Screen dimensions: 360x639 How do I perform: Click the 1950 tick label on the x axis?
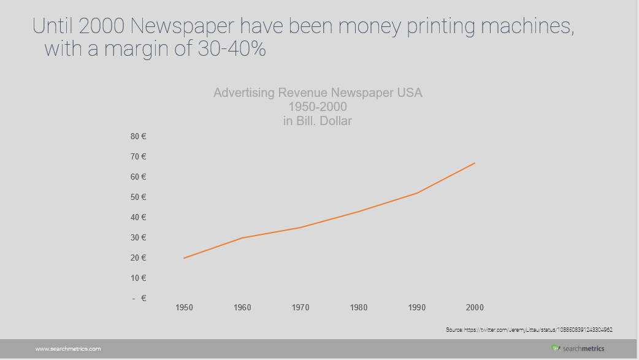coord(184,307)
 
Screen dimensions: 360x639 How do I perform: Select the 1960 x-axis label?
coord(242,307)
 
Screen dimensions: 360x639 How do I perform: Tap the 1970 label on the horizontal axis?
coord(300,307)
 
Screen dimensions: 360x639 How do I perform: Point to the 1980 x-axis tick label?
coord(359,307)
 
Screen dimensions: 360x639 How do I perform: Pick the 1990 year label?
coord(417,307)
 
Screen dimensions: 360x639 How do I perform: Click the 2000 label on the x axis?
coord(475,307)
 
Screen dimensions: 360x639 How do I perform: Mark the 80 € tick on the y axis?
coord(138,137)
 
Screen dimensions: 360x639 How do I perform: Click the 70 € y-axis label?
coord(138,157)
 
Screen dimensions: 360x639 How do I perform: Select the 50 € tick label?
coord(138,197)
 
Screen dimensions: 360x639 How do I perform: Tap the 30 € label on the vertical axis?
coord(138,238)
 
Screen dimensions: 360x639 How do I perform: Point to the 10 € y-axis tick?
coord(138,278)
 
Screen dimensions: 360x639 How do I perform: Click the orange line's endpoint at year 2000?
coord(475,163)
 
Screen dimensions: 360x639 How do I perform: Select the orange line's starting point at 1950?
coord(184,258)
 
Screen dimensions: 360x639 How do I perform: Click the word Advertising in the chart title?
coord(243,93)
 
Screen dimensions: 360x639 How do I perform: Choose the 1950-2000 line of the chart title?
coord(318,107)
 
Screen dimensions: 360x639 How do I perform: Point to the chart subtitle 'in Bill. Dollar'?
coord(318,121)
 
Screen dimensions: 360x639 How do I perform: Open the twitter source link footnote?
coord(529,330)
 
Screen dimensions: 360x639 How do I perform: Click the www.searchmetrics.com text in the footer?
coord(68,349)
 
